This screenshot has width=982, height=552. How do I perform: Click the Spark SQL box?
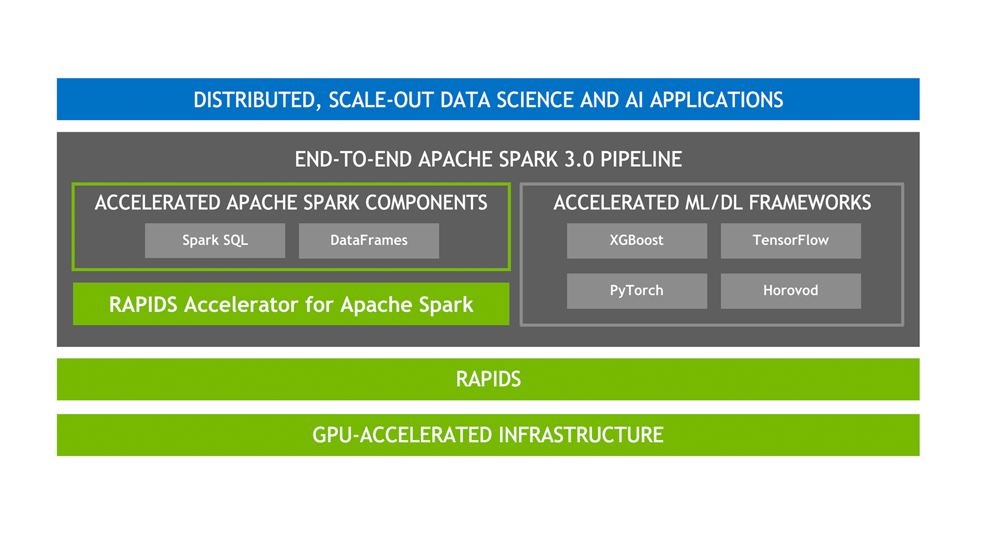[215, 241]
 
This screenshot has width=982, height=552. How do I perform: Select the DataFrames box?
[369, 241]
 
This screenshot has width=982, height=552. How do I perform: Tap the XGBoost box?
[637, 241]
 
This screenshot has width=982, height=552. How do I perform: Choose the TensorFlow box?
[790, 241]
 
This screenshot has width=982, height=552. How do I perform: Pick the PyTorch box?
[637, 291]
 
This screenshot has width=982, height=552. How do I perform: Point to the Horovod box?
[790, 291]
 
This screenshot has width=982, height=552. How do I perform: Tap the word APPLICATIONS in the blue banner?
[716, 100]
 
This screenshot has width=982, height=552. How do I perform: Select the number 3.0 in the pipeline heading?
[579, 159]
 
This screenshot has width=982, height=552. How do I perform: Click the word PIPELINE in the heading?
[641, 159]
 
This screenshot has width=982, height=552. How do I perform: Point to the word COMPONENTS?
[426, 203]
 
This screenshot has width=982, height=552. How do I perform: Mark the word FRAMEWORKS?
[809, 203]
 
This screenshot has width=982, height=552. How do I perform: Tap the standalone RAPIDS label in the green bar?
[488, 379]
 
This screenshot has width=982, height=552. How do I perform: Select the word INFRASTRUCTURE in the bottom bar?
[581, 435]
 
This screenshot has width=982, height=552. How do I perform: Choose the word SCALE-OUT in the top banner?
[381, 100]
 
